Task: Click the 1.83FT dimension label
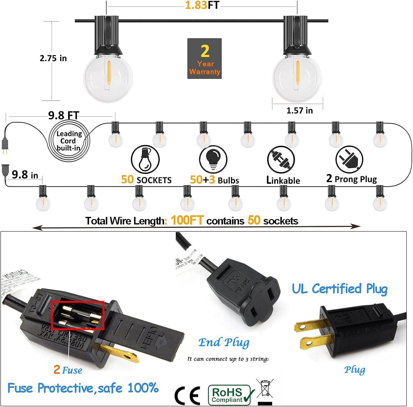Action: click(202, 5)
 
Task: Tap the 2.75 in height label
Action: click(53, 58)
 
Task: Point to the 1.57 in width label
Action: click(300, 110)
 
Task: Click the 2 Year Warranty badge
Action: click(204, 58)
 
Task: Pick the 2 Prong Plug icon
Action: click(349, 160)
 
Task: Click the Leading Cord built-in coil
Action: click(69, 141)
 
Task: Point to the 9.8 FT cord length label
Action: click(64, 115)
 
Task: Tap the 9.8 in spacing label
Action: click(25, 175)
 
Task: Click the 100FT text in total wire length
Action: click(187, 220)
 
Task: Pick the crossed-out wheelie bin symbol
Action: click(265, 391)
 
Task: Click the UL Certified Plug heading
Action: click(339, 289)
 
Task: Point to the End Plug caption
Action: click(224, 343)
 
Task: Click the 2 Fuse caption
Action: click(68, 370)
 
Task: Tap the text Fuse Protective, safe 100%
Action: click(83, 388)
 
